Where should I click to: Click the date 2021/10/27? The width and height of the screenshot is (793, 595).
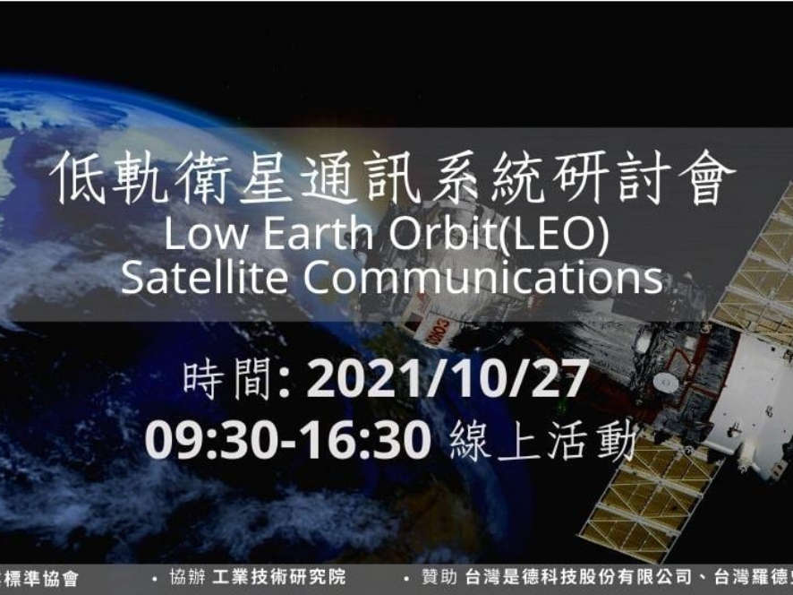coord(447,380)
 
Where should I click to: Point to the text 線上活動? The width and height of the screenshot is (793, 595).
coord(543,441)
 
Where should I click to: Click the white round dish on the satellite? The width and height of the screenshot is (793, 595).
coord(665,382)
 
